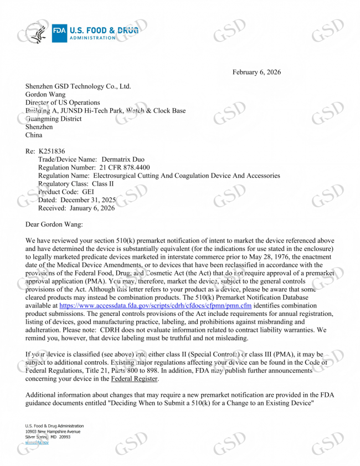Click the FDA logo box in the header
[59, 34]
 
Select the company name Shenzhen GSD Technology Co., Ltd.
[78, 86]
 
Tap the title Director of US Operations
[63, 103]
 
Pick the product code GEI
[88, 192]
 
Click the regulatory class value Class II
[103, 183]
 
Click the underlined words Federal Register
[135, 379]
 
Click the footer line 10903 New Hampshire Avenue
[53, 431]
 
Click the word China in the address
[34, 135]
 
